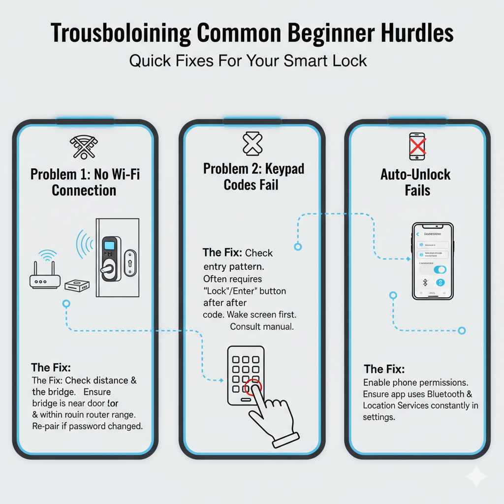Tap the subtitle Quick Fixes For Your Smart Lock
[x=248, y=61]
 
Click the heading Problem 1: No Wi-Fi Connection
[x=84, y=182]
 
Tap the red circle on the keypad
[x=253, y=387]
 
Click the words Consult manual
[x=261, y=326]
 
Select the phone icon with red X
[x=417, y=146]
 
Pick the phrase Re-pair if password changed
[x=87, y=426]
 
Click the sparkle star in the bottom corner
[x=476, y=476]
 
